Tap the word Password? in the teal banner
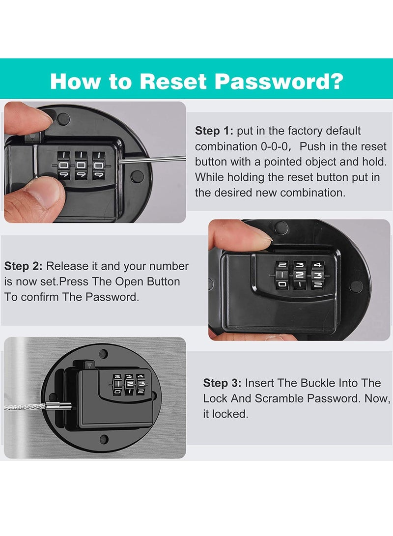coord(279,81)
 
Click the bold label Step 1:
coord(214,131)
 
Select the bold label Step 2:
coord(23,266)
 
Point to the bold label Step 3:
coord(222,383)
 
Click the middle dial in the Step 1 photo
coord(81,166)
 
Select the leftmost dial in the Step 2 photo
coord(282,275)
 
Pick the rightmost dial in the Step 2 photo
coord(318,275)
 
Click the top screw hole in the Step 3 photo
coord(103,353)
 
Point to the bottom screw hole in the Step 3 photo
coord(104,439)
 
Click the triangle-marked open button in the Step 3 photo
coord(89,366)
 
